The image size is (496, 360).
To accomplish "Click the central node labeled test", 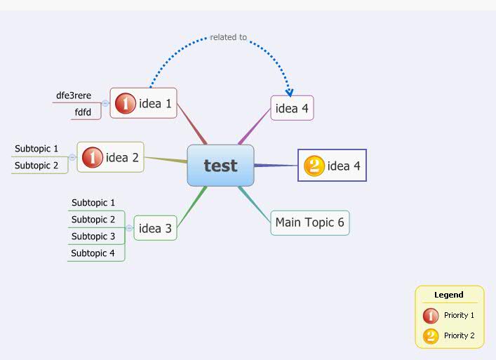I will [220, 166].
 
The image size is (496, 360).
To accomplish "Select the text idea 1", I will [155, 104].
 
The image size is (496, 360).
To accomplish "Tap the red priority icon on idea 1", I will [125, 104].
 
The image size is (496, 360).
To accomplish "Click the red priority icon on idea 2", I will [92, 157].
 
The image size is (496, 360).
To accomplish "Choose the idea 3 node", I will [155, 228].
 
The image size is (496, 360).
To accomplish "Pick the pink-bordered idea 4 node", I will [292, 108].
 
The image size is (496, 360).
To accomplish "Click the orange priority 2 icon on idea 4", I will [314, 166].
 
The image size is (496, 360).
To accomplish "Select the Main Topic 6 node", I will [309, 222].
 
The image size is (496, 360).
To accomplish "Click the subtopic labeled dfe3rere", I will [74, 95].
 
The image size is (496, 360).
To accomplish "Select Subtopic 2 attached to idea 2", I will [36, 166].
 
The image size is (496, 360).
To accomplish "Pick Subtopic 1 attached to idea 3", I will [93, 203].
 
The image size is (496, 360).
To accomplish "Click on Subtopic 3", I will [93, 236].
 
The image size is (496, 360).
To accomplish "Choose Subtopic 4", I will [93, 253].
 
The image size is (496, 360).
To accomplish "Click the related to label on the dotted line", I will [229, 37].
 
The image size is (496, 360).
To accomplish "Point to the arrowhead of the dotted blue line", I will [289, 92].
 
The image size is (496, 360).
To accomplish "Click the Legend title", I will [449, 295].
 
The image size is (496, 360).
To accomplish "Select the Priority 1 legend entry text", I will [460, 316].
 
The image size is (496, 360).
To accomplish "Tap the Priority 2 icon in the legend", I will [431, 336].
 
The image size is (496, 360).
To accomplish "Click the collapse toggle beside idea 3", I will [129, 228].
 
